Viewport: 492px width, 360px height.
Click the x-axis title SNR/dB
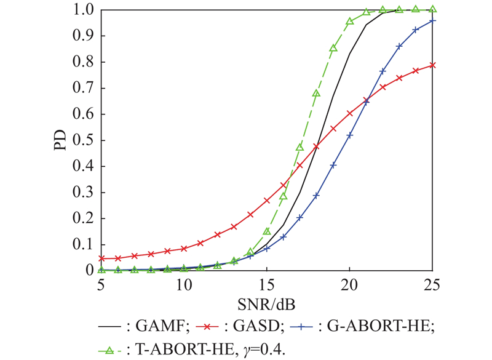(267, 304)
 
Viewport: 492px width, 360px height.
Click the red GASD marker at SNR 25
(433, 65)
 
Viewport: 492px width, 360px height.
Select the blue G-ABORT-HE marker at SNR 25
(433, 21)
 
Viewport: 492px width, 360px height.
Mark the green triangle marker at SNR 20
(350, 22)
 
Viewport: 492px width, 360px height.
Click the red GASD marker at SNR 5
(101, 258)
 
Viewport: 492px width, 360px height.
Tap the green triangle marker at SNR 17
(300, 147)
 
